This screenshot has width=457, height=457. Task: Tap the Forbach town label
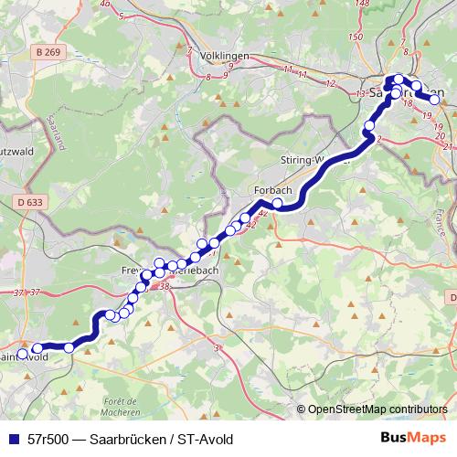point(271,190)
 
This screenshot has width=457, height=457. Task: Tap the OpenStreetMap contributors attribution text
point(377,409)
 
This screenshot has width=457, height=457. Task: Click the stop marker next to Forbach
point(277,203)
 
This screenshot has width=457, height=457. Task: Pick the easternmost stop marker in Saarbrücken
point(435,99)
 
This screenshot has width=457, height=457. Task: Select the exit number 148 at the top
point(362,5)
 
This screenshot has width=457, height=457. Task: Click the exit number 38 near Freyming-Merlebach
point(165,287)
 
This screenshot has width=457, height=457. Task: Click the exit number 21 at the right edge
point(446,146)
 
